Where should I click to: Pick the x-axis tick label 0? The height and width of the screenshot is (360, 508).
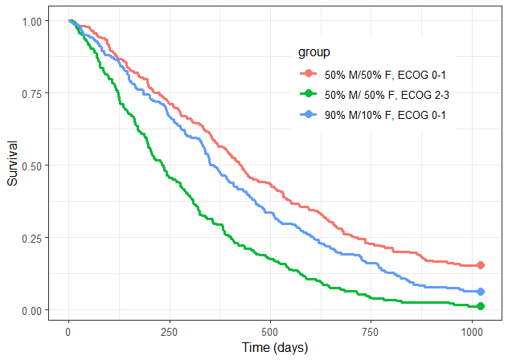[68, 333]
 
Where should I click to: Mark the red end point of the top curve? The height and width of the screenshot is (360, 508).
[481, 265]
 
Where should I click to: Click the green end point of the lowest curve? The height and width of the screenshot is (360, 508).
[481, 306]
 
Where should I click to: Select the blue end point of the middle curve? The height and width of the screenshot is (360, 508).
[481, 292]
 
